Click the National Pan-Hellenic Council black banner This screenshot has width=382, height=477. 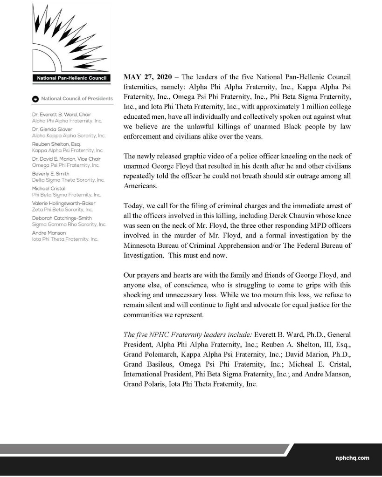71,78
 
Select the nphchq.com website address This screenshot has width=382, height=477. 352,458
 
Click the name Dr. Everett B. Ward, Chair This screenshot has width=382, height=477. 62,115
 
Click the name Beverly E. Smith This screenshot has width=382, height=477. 50,174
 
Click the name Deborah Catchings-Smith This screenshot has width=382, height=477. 62,218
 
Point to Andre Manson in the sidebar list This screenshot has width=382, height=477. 49,232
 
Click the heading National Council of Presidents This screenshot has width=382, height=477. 77,99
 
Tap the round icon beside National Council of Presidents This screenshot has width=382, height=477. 35,99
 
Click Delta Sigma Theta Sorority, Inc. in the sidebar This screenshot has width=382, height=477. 68,180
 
